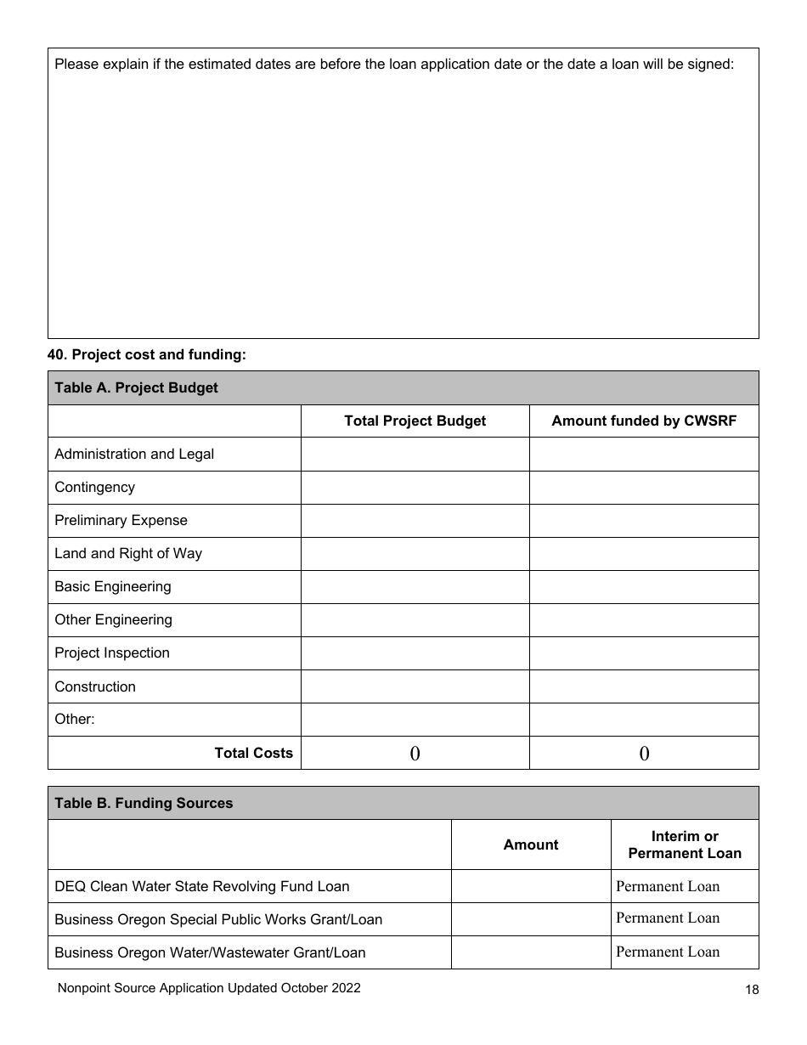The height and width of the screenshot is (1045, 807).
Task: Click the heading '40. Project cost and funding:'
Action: [x=146, y=355]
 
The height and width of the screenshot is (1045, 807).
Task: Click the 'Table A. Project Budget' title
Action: [x=136, y=387]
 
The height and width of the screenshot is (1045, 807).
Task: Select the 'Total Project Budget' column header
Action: [x=415, y=421]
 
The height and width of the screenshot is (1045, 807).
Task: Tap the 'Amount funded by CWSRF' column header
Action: [x=644, y=421]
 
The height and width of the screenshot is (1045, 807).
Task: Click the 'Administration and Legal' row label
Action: [x=134, y=454]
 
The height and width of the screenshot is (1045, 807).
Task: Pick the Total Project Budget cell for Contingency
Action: [x=415, y=488]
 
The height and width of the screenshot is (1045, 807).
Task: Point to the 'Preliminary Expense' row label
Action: [x=121, y=520]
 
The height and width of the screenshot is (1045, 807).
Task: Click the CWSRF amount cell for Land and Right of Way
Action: [x=644, y=554]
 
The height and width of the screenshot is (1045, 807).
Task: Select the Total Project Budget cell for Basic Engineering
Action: [x=415, y=587]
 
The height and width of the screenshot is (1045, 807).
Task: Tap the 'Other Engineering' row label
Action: [x=113, y=619]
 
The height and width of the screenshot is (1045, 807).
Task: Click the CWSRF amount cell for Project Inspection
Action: [x=644, y=653]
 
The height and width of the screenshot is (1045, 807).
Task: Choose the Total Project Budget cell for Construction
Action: [x=415, y=686]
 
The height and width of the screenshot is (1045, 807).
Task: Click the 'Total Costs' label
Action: [x=253, y=753]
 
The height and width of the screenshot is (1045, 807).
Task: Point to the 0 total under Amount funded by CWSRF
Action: [x=644, y=753]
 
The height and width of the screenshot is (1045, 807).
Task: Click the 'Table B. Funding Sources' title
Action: [x=144, y=803]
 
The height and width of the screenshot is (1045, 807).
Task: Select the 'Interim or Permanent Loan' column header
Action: [x=685, y=844]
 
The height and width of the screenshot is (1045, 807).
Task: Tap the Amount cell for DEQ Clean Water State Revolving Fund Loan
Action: [x=531, y=886]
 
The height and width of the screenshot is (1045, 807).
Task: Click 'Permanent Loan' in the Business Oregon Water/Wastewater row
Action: [x=668, y=952]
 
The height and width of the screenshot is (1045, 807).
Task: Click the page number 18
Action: [x=752, y=989]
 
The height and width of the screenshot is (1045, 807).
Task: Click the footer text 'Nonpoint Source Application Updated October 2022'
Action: [x=209, y=988]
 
